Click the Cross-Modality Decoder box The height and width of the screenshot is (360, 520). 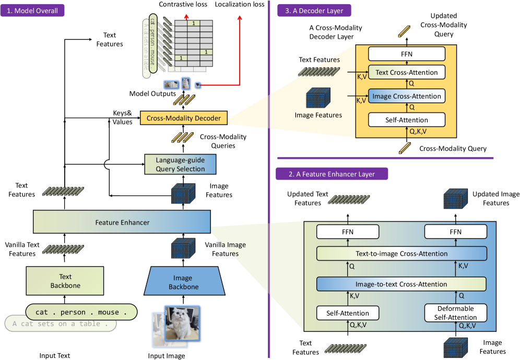[184, 119]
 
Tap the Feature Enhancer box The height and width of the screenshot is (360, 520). [122, 223]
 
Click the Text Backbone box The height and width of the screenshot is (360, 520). [65, 281]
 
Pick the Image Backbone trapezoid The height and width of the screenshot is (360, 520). [183, 282]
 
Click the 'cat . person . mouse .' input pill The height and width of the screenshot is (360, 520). [81, 312]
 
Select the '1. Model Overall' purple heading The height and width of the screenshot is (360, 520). [32, 10]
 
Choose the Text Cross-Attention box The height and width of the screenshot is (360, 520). [407, 72]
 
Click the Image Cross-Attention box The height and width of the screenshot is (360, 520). [407, 96]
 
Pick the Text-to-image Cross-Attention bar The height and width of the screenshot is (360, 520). [401, 254]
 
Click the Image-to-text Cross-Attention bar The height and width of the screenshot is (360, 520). [401, 284]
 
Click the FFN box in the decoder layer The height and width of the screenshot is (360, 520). [407, 53]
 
